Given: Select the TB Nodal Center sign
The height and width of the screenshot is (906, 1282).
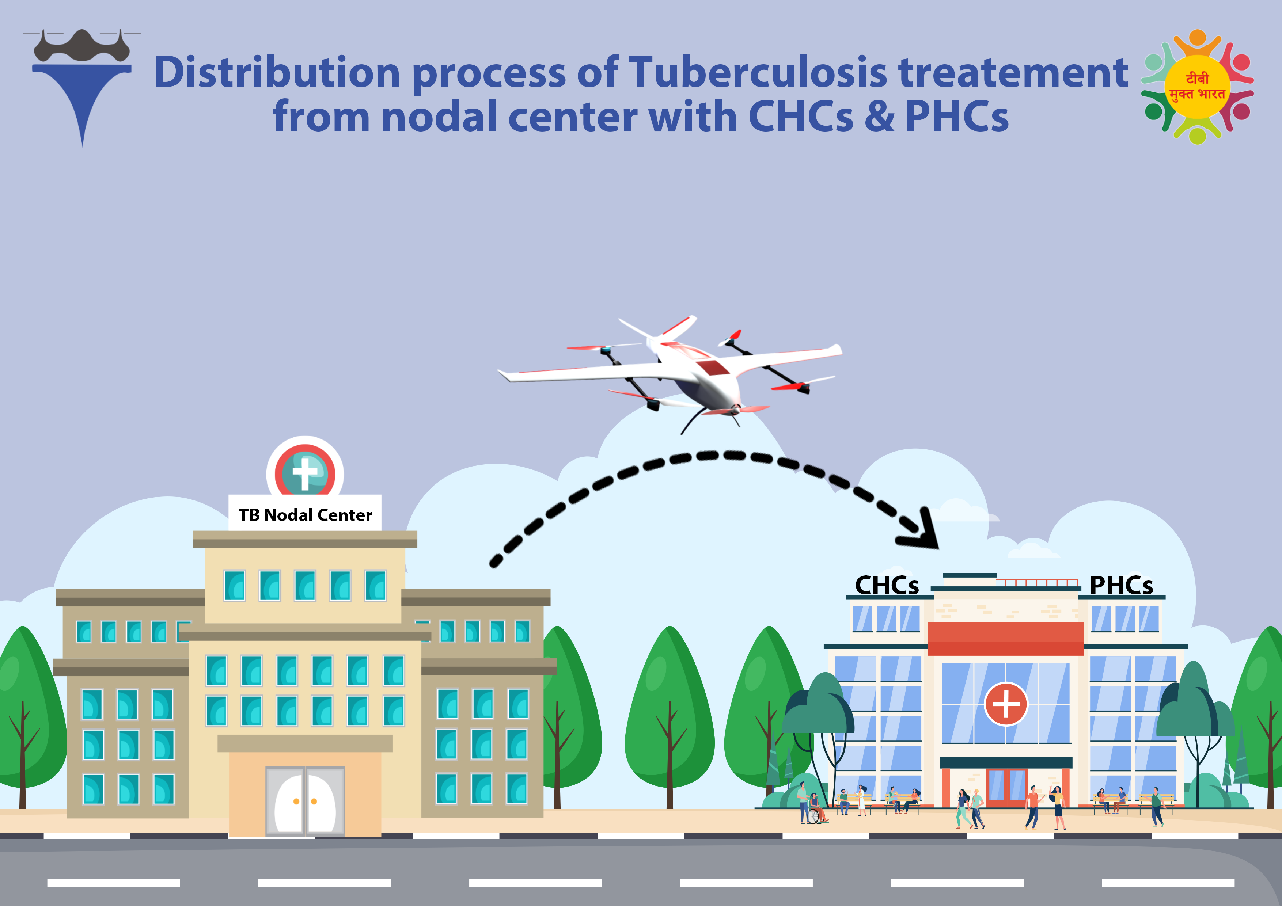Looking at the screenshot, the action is tap(305, 514).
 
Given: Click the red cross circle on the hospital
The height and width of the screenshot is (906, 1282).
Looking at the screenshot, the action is tap(1006, 704).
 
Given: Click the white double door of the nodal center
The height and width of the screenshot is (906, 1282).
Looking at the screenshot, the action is tap(305, 801).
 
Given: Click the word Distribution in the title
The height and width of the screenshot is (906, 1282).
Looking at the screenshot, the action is tap(276, 73).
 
